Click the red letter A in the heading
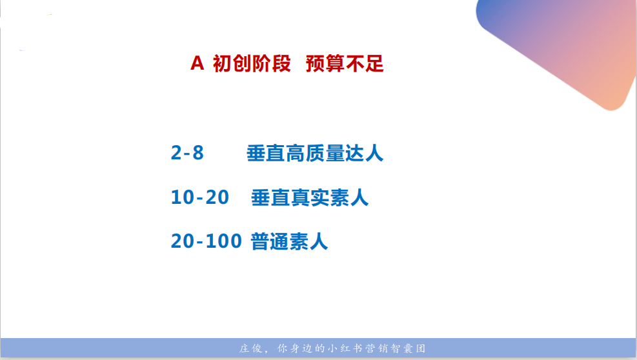197,64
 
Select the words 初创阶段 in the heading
252,64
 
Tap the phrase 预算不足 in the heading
345,64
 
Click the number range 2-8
187,153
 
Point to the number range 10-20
200,197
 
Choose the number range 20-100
207,241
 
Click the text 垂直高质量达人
315,153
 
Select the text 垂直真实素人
310,197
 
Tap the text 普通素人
289,241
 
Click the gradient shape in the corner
568,45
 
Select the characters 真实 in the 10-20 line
310,197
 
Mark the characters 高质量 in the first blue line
315,153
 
